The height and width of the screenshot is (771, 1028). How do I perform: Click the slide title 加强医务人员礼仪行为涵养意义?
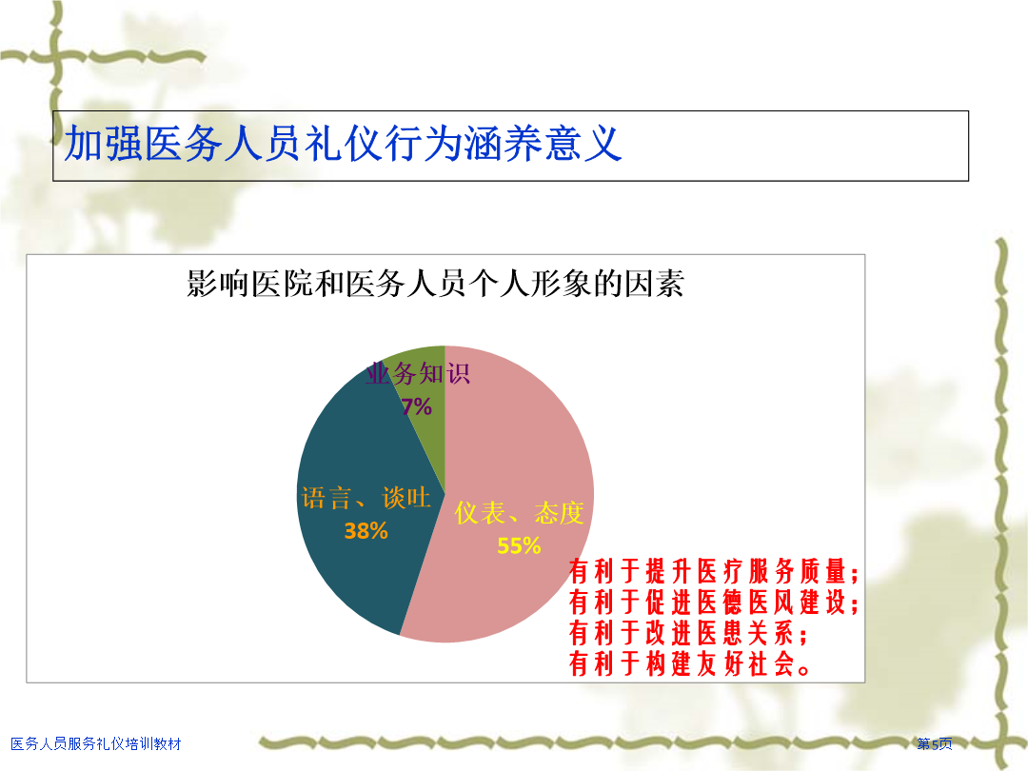click(x=343, y=143)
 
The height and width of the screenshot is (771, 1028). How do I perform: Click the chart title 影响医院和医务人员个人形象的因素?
click(x=435, y=284)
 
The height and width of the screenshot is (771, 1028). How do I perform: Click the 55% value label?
click(x=519, y=545)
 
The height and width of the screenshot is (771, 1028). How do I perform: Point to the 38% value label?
click(x=366, y=530)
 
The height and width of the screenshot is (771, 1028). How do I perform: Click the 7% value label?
click(x=417, y=406)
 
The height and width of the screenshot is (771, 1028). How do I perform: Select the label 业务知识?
click(x=418, y=374)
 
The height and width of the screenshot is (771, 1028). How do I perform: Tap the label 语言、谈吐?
click(x=366, y=498)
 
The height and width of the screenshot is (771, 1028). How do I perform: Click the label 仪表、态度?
click(x=520, y=513)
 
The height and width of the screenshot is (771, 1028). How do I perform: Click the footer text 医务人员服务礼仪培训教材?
click(x=96, y=743)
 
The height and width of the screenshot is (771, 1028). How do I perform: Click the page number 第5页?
click(x=935, y=743)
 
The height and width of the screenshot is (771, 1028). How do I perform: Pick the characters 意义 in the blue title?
click(x=583, y=143)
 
